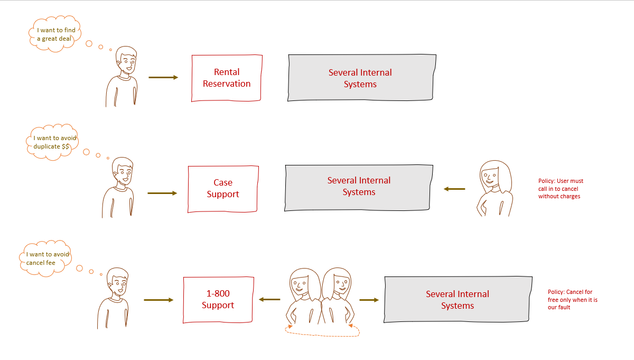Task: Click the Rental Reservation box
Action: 226,78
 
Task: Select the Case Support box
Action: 222,189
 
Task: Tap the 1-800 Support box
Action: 218,300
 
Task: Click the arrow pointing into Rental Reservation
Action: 163,77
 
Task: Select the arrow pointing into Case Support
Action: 162,193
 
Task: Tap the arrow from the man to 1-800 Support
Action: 158,300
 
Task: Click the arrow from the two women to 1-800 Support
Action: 269,300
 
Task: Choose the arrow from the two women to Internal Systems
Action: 369,300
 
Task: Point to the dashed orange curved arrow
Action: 322,333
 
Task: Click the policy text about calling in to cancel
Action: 561,189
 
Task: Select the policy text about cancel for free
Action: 573,299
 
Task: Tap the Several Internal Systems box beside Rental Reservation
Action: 361,78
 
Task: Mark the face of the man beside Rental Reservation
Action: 127,61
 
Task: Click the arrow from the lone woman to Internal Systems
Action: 454,189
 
